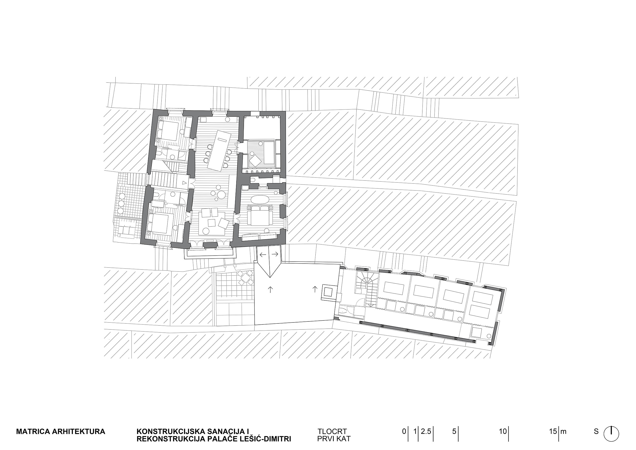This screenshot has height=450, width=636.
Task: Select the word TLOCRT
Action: click(x=332, y=432)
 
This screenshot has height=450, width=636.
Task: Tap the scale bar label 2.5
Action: click(x=426, y=431)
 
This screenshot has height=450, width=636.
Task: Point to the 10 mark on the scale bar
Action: click(x=503, y=431)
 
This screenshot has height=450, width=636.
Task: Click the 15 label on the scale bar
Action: click(x=553, y=431)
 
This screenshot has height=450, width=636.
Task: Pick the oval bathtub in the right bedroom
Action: click(x=260, y=200)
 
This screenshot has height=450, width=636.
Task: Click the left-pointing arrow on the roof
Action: click(x=263, y=254)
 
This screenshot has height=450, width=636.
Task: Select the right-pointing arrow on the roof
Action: click(x=275, y=254)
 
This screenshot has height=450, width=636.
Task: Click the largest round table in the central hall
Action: click(x=221, y=195)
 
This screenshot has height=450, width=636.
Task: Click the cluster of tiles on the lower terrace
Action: click(x=245, y=277)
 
